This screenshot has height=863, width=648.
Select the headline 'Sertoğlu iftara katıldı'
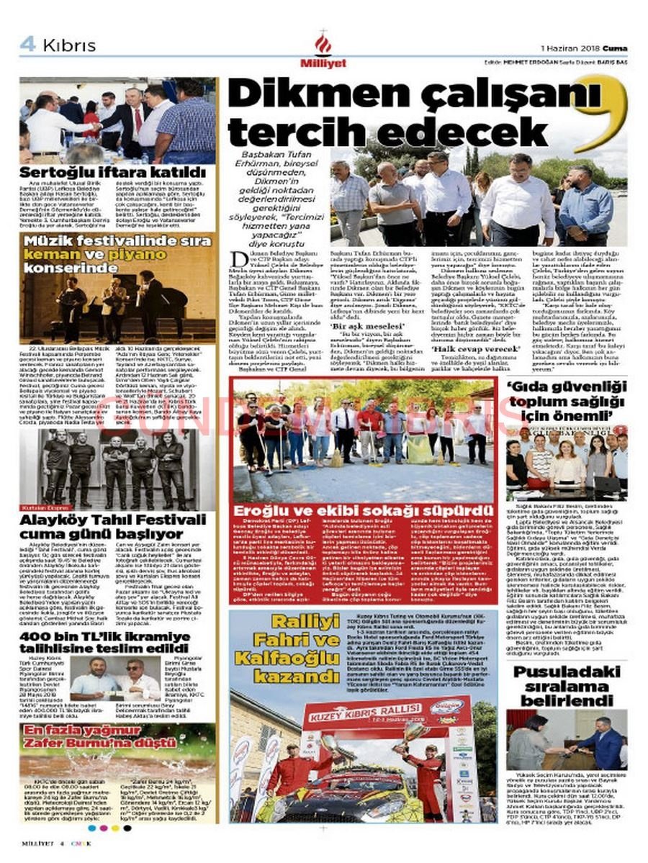tap(112, 173)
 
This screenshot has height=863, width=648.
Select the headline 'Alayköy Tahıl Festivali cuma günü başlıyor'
tap(112, 527)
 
